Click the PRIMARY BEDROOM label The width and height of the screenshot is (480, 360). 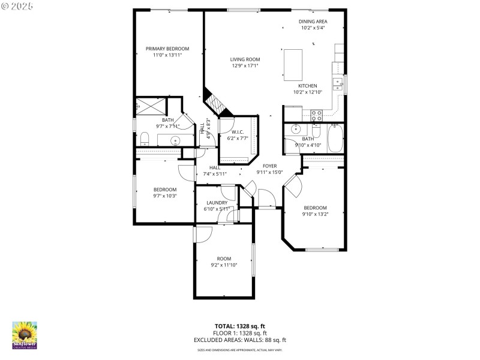click(x=167, y=49)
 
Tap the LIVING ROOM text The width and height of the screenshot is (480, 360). click(x=245, y=59)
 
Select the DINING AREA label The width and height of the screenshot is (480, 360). click(x=313, y=22)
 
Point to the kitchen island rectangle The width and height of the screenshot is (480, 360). click(x=293, y=65)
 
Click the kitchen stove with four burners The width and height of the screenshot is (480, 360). click(x=316, y=113)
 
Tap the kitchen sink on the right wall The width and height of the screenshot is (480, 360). click(x=338, y=83)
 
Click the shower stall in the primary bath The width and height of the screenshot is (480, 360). click(x=150, y=105)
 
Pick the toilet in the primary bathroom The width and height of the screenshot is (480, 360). click(x=144, y=139)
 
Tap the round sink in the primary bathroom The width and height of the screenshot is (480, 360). click(x=175, y=141)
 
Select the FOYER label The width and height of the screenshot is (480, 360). click(x=269, y=166)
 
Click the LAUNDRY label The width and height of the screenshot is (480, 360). click(x=216, y=203)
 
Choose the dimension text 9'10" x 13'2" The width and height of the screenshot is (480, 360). click(x=315, y=213)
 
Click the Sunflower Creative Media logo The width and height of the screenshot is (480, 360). click(x=25, y=335)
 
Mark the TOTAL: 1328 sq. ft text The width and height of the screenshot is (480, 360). click(x=240, y=326)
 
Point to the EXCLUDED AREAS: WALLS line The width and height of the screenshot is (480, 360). click(x=240, y=340)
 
